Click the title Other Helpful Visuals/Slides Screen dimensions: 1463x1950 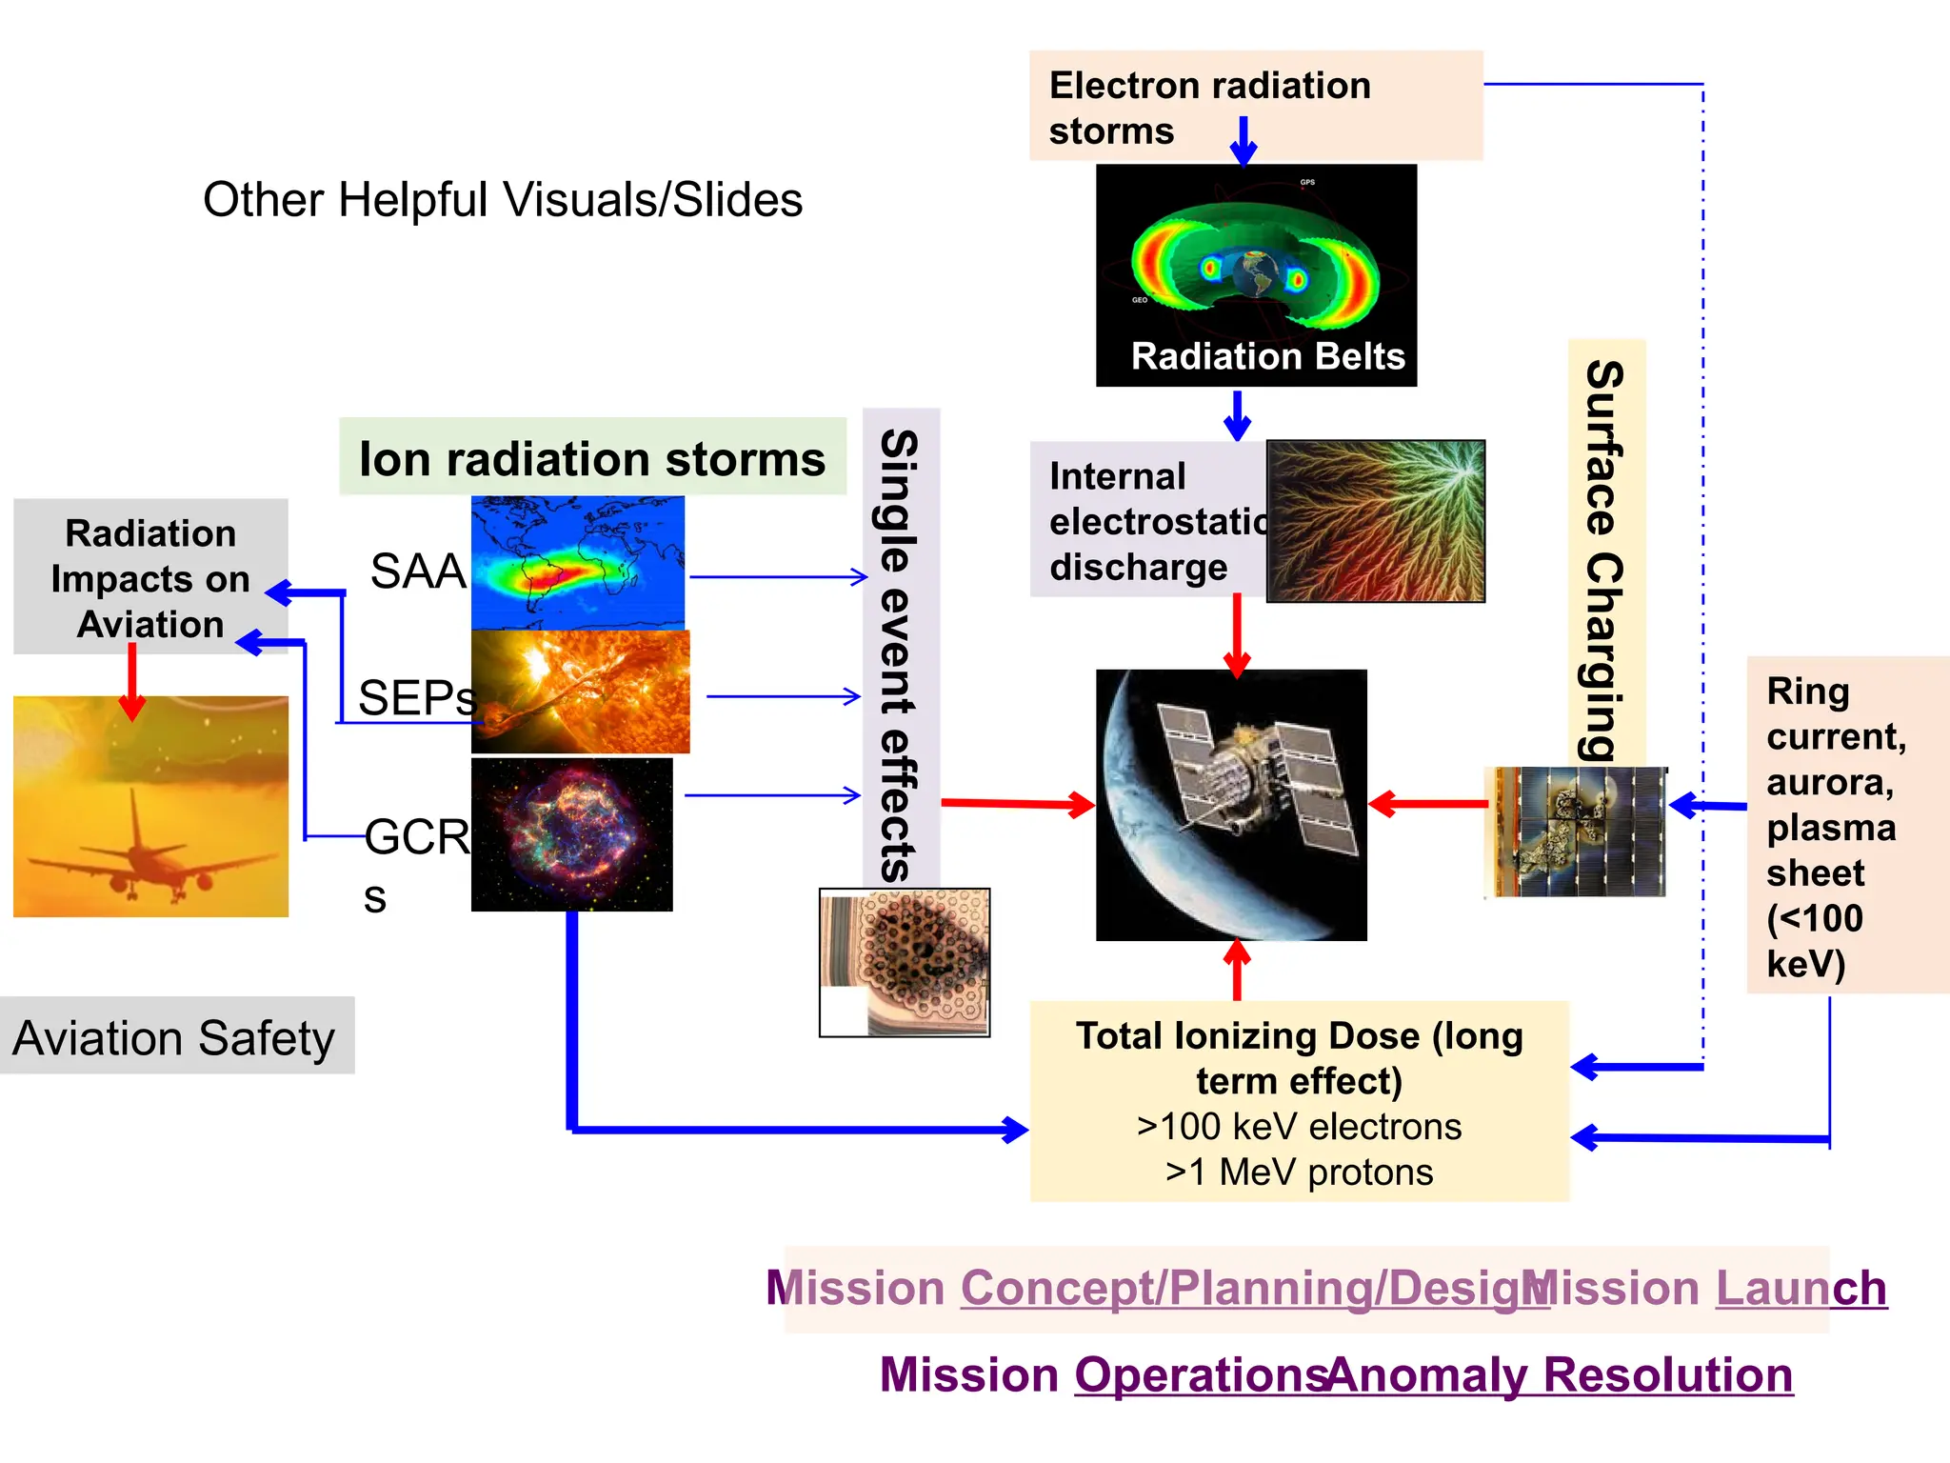(x=502, y=200)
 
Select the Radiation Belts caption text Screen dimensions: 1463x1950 (x=1267, y=356)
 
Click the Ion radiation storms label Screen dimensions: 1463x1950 (x=591, y=458)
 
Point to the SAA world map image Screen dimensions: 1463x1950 (x=577, y=562)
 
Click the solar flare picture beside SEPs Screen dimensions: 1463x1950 (x=581, y=692)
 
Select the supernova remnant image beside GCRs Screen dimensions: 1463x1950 (x=571, y=833)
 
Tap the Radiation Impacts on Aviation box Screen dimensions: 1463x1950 (x=150, y=576)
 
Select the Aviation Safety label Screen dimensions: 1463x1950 (x=174, y=1037)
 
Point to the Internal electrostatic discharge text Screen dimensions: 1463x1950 (x=1147, y=521)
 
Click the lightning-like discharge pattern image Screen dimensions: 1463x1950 (x=1376, y=521)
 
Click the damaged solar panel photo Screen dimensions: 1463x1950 (x=1577, y=832)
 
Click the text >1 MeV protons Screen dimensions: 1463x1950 (x=1299, y=1172)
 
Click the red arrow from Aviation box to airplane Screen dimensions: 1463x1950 (x=132, y=681)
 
